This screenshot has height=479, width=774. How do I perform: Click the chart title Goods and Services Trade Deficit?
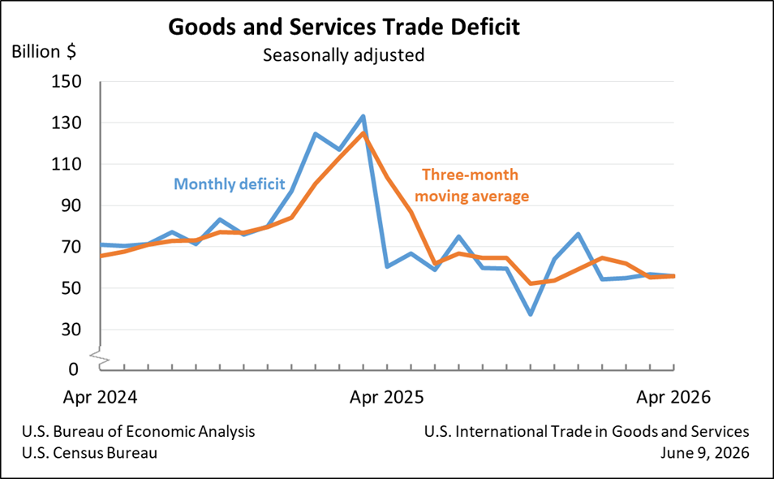click(x=343, y=27)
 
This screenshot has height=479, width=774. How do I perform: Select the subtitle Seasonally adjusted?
click(x=343, y=55)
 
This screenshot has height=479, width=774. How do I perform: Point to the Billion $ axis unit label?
click(x=44, y=51)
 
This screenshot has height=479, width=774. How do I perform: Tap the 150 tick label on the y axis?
click(x=67, y=81)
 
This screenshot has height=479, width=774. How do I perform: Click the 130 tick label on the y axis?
click(x=67, y=123)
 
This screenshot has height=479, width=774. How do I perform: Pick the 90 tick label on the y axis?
click(x=71, y=205)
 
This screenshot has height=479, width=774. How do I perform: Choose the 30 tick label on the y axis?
click(x=71, y=330)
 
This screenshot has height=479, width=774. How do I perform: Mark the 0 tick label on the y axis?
click(x=74, y=369)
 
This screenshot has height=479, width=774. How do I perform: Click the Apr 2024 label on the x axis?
click(x=101, y=398)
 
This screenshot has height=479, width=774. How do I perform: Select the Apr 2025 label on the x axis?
click(x=387, y=398)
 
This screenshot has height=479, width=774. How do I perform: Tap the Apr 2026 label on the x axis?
click(x=673, y=398)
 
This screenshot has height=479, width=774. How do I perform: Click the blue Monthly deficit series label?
click(x=230, y=184)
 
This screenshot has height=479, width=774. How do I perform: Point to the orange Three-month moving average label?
click(x=471, y=186)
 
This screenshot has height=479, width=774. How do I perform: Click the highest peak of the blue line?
click(x=363, y=117)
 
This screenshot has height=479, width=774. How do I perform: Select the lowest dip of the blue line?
click(x=531, y=314)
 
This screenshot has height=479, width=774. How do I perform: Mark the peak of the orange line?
click(x=363, y=133)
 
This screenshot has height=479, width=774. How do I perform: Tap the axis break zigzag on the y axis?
click(x=100, y=357)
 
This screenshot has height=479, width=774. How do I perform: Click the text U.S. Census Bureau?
click(x=90, y=453)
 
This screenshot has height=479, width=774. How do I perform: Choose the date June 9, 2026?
click(x=705, y=453)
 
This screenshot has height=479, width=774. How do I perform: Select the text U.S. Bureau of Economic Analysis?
click(x=139, y=432)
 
